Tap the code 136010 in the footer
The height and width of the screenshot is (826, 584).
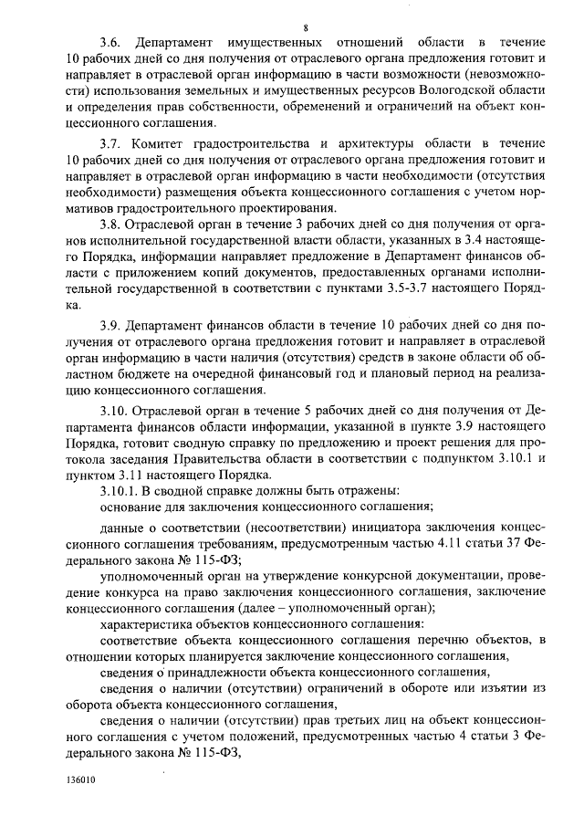pyautogui.click(x=79, y=781)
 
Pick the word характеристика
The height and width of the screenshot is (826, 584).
pyautogui.click(x=144, y=626)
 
